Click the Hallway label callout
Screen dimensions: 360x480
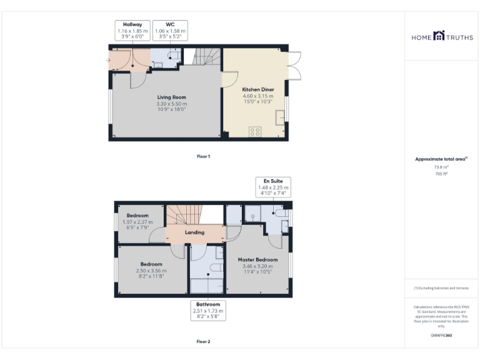pos(132,31)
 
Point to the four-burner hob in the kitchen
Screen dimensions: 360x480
pos(255,132)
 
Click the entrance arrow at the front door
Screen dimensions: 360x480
pos(109,61)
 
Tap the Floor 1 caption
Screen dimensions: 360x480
pos(203,156)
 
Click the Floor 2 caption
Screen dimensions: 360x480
pos(203,342)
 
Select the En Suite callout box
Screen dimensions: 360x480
pos(272,187)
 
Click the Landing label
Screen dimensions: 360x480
pos(194,233)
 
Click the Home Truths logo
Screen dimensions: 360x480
pos(441,37)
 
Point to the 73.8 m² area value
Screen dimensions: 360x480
pos(441,167)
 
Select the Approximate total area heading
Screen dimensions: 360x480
pos(441,159)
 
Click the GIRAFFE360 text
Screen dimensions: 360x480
pos(441,336)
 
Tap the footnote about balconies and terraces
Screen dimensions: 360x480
pos(441,288)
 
